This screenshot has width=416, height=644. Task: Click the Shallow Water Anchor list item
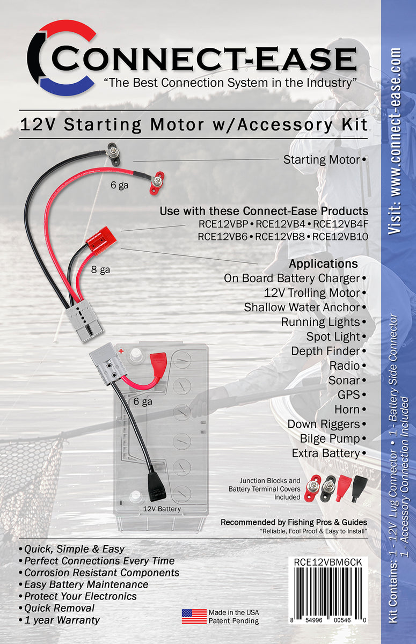(302, 308)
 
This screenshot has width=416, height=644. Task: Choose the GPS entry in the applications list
(348, 395)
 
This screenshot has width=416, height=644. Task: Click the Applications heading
(323, 264)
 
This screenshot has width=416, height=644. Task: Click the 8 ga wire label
(100, 270)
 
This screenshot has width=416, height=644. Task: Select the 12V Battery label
(162, 509)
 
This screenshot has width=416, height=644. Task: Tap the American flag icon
(194, 617)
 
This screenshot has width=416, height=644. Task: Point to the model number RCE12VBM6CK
(328, 561)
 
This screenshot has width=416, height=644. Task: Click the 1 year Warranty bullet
(59, 620)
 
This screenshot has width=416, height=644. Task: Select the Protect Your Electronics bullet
(78, 596)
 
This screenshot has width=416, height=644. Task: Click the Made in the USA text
(233, 612)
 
